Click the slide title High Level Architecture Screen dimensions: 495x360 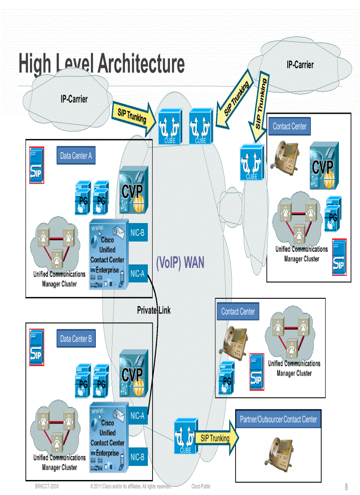101,64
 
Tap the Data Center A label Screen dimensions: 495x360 76,156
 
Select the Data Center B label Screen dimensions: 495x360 76,339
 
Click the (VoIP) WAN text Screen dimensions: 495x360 180,263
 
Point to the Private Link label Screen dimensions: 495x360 154,310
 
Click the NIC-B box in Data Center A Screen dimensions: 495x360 138,233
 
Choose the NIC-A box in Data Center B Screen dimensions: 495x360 138,415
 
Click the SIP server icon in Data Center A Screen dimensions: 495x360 36,165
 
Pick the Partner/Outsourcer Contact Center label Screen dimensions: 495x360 278,419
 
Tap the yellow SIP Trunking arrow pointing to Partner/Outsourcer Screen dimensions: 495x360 216,438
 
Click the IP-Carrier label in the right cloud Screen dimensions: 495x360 300,65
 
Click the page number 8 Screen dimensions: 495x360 346,487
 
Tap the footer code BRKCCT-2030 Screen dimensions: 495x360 47,486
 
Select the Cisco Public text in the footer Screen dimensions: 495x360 201,486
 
